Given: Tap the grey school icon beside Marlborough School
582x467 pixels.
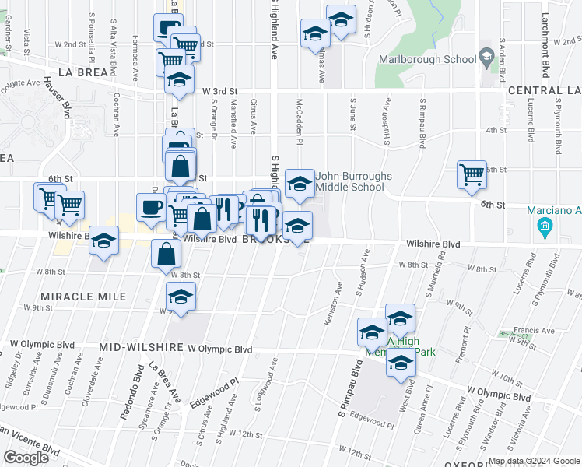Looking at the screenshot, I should [x=486, y=57].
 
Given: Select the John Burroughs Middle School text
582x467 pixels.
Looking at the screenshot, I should [x=354, y=181].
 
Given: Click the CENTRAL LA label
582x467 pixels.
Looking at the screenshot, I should [x=544, y=91].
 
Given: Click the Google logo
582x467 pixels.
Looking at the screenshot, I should [x=26, y=458].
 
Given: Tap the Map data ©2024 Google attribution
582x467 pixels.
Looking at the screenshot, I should [x=533, y=461].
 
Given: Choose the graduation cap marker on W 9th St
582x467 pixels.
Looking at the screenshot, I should [x=181, y=297].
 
